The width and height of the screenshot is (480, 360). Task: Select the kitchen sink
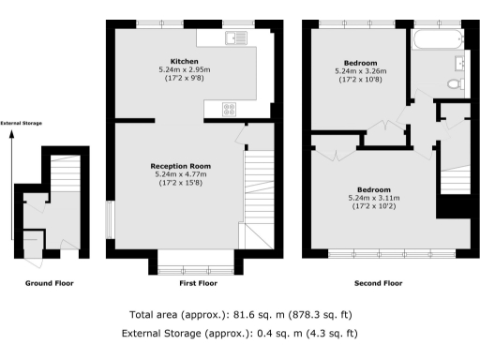[235, 37]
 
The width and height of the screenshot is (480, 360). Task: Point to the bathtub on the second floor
[436, 39]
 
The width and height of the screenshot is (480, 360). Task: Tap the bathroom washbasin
[459, 63]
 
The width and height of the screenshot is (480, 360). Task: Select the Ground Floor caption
[49, 282]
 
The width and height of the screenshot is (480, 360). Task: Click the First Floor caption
[198, 282]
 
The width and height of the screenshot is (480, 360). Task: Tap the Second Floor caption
[379, 282]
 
